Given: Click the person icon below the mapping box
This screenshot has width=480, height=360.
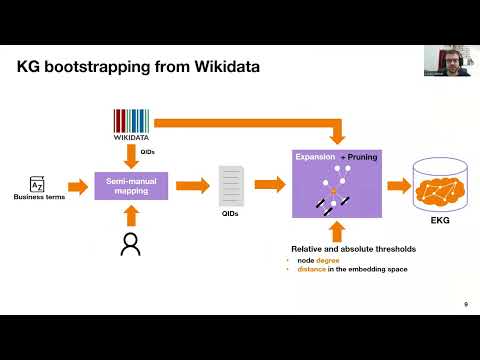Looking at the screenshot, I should click(x=129, y=244).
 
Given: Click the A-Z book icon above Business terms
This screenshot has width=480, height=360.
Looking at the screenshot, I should click(x=37, y=184).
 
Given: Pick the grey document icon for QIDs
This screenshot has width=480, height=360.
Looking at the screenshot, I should click(x=231, y=186).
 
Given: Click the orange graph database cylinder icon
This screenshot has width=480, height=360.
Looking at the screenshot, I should click(x=440, y=184).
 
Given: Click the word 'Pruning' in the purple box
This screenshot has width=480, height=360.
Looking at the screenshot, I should click(x=357, y=158).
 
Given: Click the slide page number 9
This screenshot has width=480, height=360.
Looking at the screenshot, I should click(x=465, y=304).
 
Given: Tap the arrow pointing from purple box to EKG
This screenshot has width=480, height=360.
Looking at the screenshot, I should click(x=397, y=184).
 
